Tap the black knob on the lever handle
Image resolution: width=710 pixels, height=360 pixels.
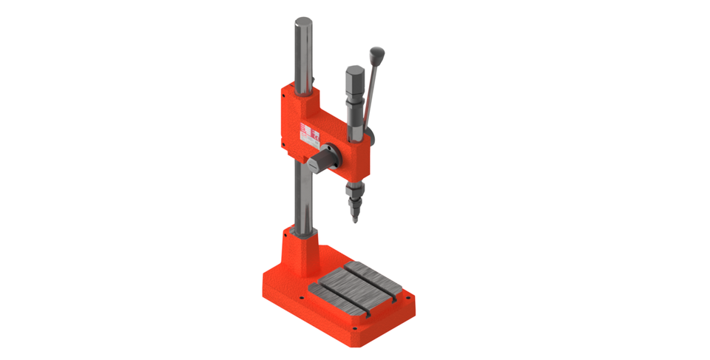[x=378, y=55]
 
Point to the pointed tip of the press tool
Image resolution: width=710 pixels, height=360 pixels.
[x=354, y=219]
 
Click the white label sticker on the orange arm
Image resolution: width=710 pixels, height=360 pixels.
[x=309, y=133]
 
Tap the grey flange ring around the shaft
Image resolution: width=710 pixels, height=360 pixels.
[x=330, y=157]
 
